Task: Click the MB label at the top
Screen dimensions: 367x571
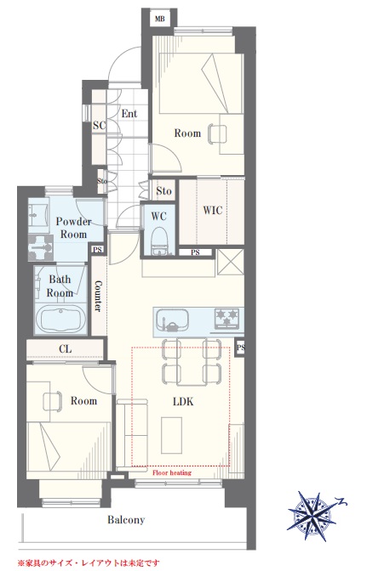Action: coord(159,19)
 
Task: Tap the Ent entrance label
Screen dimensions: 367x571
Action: coord(129,114)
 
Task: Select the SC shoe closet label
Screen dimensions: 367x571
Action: coord(99,125)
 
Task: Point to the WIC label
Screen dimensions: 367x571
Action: coord(212,210)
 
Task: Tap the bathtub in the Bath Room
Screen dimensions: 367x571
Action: coord(60,319)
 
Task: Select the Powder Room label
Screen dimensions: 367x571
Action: coord(73,228)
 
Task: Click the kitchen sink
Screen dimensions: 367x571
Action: coord(172,320)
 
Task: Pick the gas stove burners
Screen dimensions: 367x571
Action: coord(227,318)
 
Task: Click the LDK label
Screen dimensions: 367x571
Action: coord(183,402)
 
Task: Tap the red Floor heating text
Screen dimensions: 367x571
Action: coord(171,472)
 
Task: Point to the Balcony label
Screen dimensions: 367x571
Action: coord(126,520)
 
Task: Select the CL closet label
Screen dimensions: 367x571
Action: coord(66,349)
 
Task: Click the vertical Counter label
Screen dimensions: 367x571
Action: coord(98,296)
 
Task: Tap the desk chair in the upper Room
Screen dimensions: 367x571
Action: coord(216,133)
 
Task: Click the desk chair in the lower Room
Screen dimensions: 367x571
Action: coord(52,402)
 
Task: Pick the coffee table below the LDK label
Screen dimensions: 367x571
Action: coord(171,435)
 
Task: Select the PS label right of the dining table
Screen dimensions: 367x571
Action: coord(240,348)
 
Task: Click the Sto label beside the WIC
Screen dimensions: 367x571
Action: coord(163,191)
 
